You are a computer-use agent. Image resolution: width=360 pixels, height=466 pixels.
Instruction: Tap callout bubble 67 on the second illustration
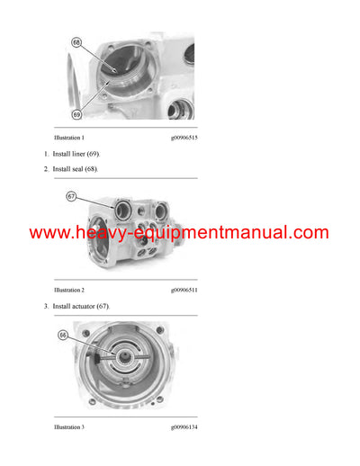click(72, 196)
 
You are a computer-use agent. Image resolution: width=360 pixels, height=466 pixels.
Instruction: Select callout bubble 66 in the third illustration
click(64, 335)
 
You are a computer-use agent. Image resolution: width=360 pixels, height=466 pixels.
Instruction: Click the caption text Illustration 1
click(69, 138)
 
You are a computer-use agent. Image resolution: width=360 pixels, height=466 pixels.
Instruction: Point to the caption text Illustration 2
click(69, 291)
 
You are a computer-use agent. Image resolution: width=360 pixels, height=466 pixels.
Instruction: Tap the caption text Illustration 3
click(69, 426)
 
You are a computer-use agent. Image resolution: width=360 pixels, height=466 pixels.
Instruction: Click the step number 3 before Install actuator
click(47, 307)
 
